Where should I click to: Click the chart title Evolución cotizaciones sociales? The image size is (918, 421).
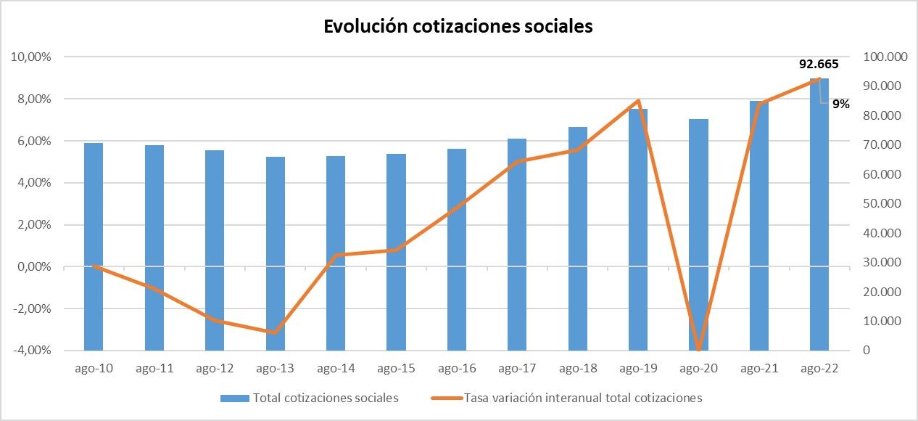pyautogui.click(x=458, y=26)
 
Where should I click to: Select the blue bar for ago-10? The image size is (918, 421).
pyautogui.click(x=94, y=247)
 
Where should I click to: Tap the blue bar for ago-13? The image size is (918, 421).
pyautogui.click(x=275, y=254)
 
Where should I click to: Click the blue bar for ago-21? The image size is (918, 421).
pyautogui.click(x=758, y=226)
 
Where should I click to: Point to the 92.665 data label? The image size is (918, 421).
pyautogui.click(x=819, y=64)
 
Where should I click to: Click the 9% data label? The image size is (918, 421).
pyautogui.click(x=840, y=104)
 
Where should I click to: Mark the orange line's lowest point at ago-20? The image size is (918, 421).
pyautogui.click(x=698, y=349)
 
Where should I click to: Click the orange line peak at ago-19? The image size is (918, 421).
pyautogui.click(x=637, y=101)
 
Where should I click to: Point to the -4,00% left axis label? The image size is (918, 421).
pyautogui.click(x=30, y=351)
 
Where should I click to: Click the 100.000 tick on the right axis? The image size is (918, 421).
pyautogui.click(x=880, y=57)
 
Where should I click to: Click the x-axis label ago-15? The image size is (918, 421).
pyautogui.click(x=397, y=369)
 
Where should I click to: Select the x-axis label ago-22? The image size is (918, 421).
pyautogui.click(x=819, y=369)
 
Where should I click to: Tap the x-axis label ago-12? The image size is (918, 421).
pyautogui.click(x=215, y=369)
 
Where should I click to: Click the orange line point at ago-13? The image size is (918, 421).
pyautogui.click(x=275, y=332)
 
